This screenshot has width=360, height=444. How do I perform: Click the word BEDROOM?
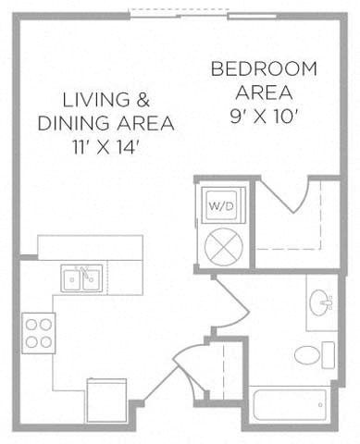(264, 68)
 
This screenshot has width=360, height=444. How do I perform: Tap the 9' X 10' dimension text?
(264, 117)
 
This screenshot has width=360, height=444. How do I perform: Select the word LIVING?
(96, 100)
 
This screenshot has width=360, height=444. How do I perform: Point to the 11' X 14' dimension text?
(105, 147)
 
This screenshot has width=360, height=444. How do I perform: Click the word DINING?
(73, 123)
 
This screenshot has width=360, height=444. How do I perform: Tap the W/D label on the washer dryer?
(221, 206)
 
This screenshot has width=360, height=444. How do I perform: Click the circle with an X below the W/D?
(224, 247)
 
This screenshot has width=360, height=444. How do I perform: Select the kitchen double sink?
(81, 278)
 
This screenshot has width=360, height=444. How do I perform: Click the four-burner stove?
(39, 333)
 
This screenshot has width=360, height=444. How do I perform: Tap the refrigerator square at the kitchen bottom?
(106, 401)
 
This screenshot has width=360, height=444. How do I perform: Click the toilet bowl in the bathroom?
(306, 355)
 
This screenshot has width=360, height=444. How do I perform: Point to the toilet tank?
(329, 355)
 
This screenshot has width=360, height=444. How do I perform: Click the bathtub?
(290, 405)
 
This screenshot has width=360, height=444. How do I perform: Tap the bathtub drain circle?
(320, 405)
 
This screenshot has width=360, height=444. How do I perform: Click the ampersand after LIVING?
(143, 100)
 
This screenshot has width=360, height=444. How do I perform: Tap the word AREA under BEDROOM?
(264, 92)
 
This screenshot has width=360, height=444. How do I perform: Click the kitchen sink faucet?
(85, 273)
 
